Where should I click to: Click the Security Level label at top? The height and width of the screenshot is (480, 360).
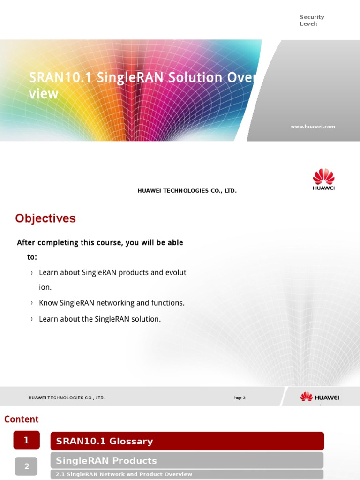click(312, 20)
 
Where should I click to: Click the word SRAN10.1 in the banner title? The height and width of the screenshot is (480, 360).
click(60, 77)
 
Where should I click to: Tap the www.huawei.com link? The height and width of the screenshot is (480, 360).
click(313, 127)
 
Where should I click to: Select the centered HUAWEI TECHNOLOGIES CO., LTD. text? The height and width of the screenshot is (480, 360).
click(187, 191)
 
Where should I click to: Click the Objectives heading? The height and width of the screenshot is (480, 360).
click(45, 218)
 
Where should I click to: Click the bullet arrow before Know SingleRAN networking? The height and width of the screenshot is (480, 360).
click(32, 303)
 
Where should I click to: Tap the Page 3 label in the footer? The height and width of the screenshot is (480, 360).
click(240, 398)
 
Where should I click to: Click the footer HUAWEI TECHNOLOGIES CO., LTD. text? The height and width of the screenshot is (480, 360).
click(67, 397)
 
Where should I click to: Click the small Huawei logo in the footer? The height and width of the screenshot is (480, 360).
click(320, 397)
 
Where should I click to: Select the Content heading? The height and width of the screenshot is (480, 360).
click(22, 419)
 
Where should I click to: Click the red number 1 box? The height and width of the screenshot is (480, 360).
click(27, 440)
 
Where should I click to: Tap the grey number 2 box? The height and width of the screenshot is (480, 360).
click(27, 466)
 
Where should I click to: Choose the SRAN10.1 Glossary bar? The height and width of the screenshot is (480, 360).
click(187, 441)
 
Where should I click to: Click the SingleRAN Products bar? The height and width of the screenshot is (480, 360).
click(187, 460)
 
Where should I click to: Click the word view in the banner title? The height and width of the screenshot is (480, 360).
click(44, 94)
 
